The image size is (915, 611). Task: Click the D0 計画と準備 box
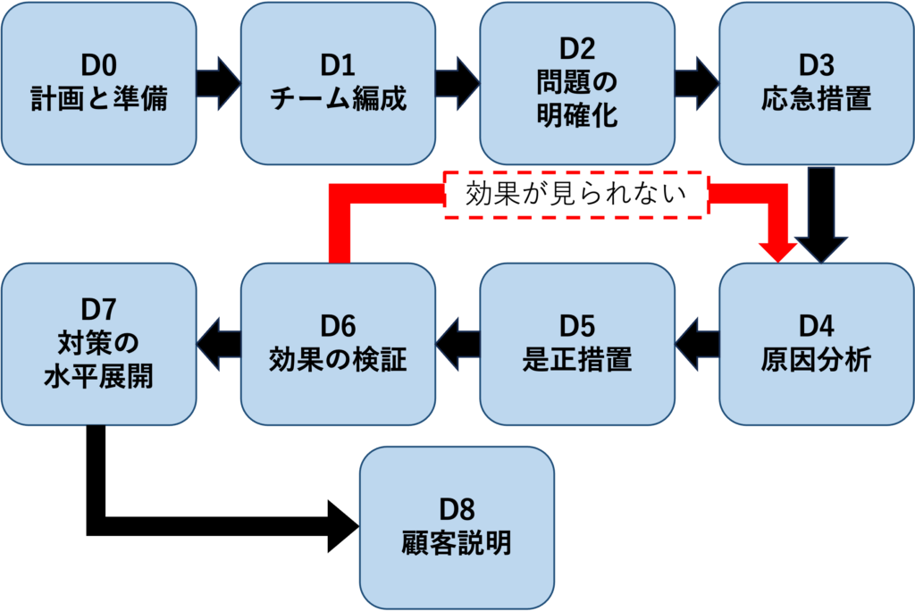click(98, 82)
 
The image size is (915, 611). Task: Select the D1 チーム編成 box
click(338, 82)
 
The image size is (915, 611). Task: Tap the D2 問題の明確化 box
click(576, 82)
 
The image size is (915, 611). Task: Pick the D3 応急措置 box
click(816, 82)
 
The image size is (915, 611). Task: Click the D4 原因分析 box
click(816, 344)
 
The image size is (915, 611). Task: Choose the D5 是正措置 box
click(576, 344)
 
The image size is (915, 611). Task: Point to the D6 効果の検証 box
click(338, 344)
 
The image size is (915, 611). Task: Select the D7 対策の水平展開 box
click(98, 344)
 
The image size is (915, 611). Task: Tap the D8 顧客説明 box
click(457, 527)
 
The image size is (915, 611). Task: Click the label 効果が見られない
click(576, 195)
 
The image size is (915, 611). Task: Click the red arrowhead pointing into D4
click(776, 248)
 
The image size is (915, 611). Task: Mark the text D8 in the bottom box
click(457, 510)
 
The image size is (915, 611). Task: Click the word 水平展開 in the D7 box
click(98, 376)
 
